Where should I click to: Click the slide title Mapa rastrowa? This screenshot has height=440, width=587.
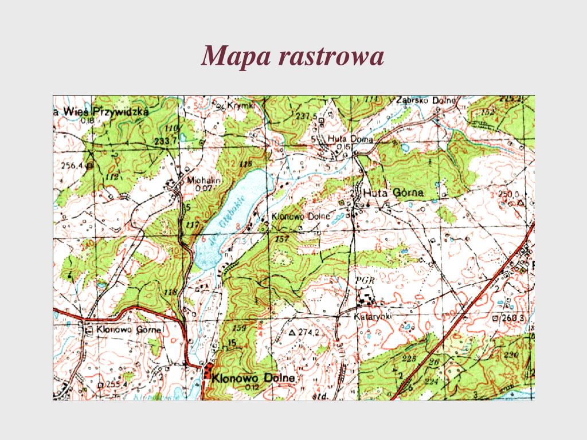293,56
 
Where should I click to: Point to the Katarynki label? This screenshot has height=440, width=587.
373,316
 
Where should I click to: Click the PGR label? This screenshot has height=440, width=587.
365,280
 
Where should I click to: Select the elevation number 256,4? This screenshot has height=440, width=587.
72,166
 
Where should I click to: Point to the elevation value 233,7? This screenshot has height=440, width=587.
164,141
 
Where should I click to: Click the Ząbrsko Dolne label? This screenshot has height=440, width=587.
425,101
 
